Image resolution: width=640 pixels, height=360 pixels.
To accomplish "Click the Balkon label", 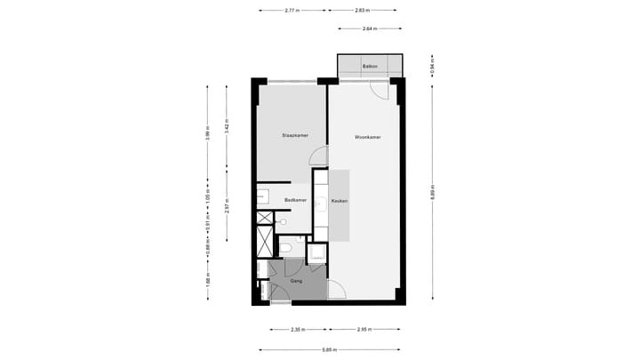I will pyautogui.click(x=371, y=67).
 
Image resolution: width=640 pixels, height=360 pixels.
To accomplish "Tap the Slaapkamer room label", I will pyautogui.click(x=294, y=136).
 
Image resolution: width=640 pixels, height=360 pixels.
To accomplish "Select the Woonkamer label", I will pyautogui.click(x=367, y=137).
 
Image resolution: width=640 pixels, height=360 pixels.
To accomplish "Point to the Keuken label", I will pyautogui.click(x=339, y=202).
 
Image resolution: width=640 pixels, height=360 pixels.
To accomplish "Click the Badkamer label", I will pyautogui.click(x=295, y=201).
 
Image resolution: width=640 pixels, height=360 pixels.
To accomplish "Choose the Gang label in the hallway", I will pyautogui.click(x=296, y=281).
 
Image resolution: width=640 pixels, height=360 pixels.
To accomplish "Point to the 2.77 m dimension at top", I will pyautogui.click(x=292, y=11).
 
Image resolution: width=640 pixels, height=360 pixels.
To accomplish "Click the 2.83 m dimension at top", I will pyautogui.click(x=361, y=11).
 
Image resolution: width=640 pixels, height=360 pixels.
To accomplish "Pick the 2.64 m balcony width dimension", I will pyautogui.click(x=369, y=29).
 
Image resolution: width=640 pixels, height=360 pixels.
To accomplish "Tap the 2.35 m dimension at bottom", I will pyautogui.click(x=296, y=330).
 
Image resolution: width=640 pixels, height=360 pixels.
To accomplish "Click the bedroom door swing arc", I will pyautogui.click(x=317, y=157).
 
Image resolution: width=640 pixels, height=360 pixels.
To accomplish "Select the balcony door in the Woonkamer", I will pyautogui.click(x=379, y=90).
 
